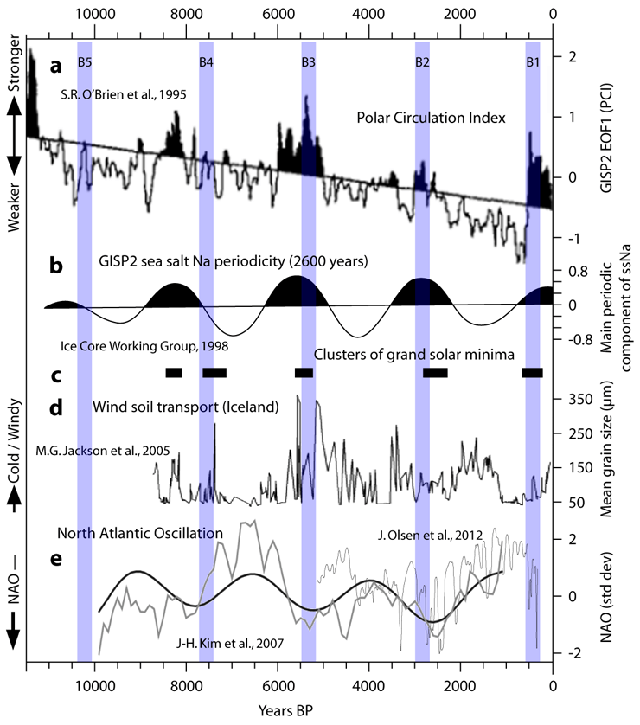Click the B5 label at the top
pyautogui.click(x=85, y=61)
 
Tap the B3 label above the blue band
pyautogui.click(x=309, y=61)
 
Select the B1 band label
pyautogui.click(x=533, y=61)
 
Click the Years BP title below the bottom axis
pyautogui.click(x=289, y=710)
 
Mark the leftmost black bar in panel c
pyautogui.click(x=174, y=372)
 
